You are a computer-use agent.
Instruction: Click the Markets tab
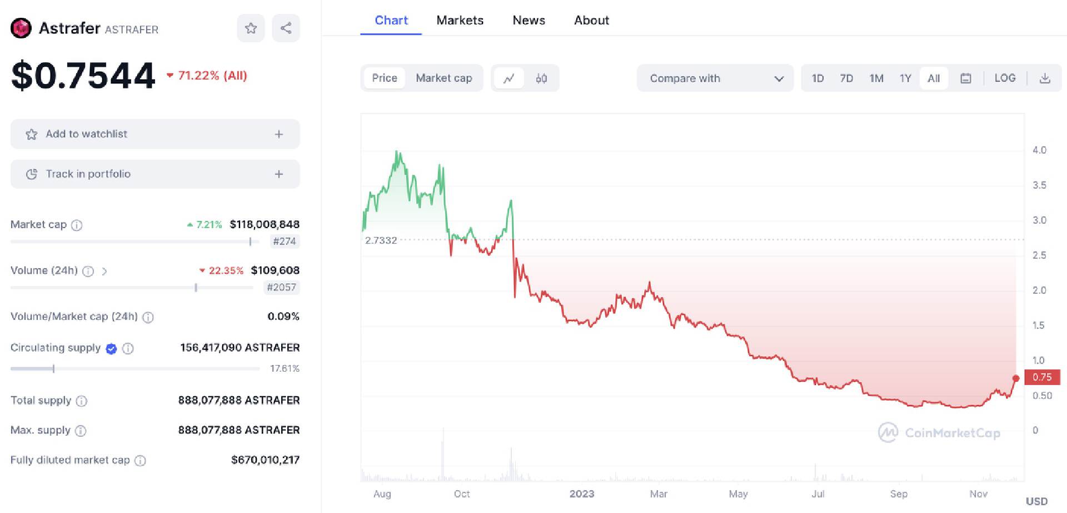460,21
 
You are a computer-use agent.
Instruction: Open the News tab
528,21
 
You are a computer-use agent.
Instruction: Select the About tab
591,21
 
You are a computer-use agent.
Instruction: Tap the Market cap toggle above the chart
443,78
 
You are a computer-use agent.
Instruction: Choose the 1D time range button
817,78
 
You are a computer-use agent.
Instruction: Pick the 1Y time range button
905,78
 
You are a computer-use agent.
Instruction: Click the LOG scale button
1005,78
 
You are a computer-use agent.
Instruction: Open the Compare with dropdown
715,78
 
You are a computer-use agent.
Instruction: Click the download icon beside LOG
1045,78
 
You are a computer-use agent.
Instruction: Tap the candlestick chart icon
541,78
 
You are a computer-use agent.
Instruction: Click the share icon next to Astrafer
286,28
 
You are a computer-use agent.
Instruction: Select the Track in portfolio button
155,174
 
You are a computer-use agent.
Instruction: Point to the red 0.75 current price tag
1042,377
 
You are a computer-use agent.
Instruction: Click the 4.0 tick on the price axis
1039,150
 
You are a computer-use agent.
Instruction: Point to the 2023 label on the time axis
582,494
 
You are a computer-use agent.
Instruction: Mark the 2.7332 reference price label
381,240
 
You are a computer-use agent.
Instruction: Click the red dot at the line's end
1016,378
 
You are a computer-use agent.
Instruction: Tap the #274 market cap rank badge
284,241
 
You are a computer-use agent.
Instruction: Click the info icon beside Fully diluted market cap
141,461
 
